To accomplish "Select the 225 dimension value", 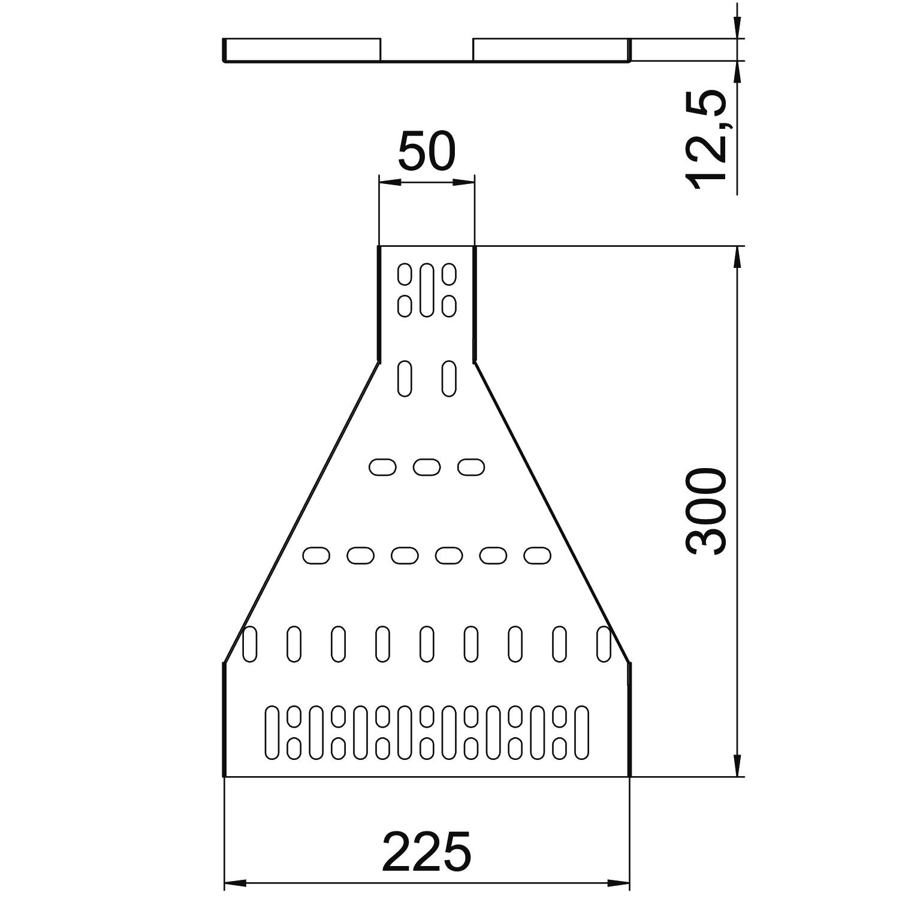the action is [427, 851].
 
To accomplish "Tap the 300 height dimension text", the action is [707, 511].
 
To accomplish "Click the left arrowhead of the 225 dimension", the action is [235, 883].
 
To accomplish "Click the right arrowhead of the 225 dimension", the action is [619, 883].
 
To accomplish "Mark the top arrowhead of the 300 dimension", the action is [737, 258].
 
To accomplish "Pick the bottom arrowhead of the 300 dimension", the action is [737, 765].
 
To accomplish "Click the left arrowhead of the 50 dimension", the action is [390, 182].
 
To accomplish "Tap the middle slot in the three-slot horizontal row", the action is [427, 467].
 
